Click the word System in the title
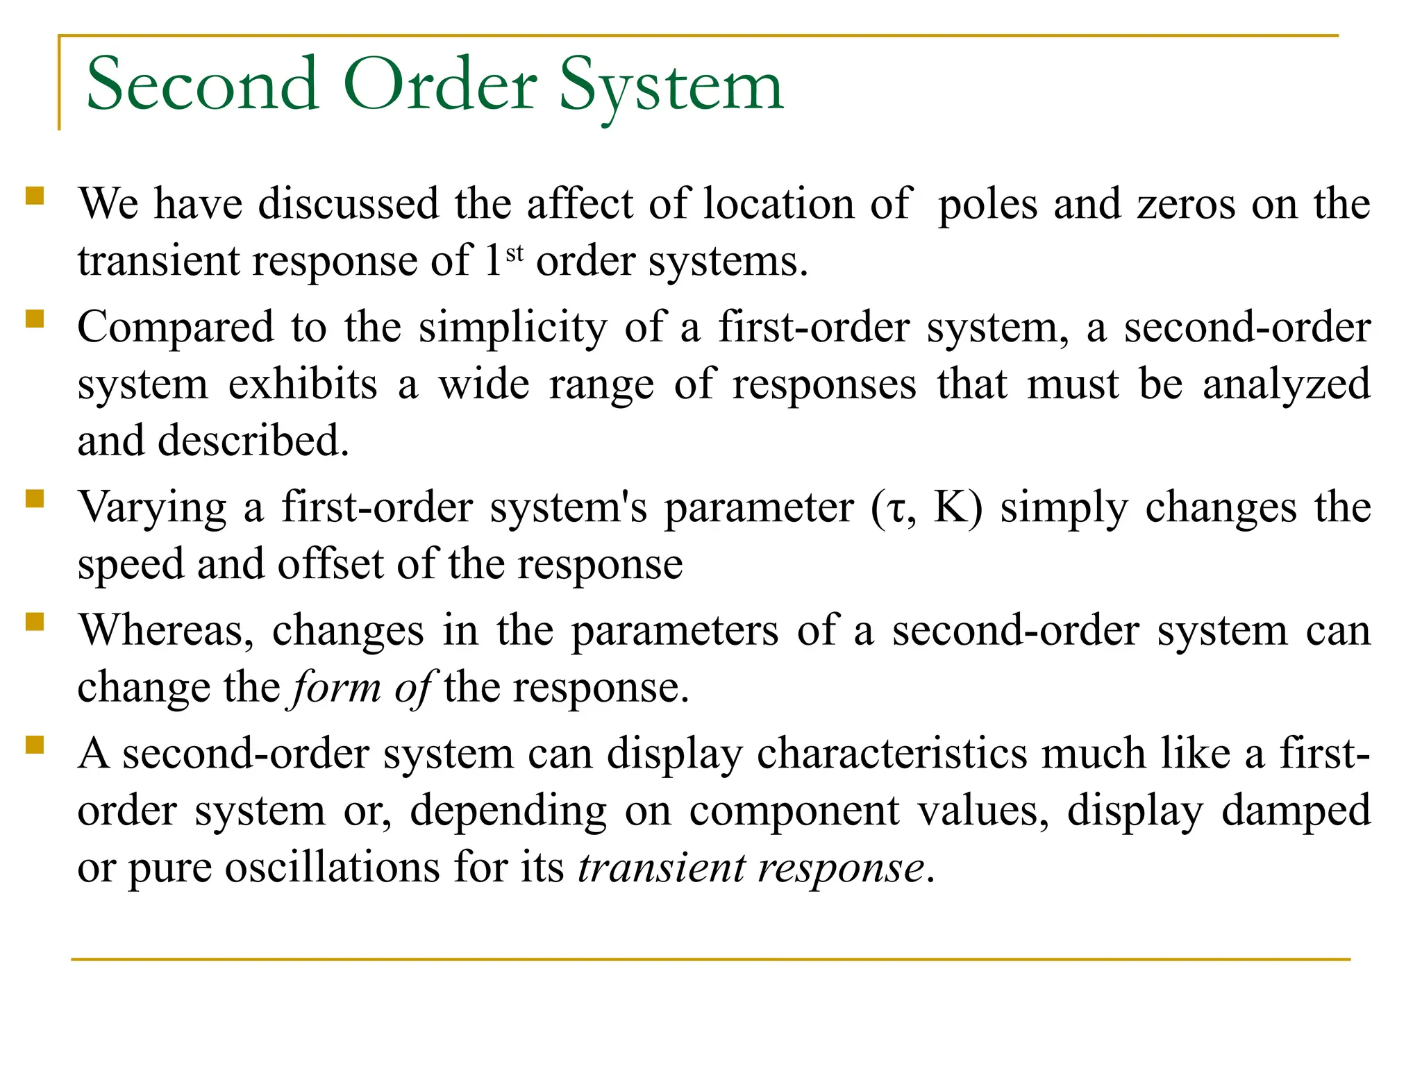[x=671, y=86]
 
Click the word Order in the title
[x=440, y=86]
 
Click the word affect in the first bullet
[x=580, y=205]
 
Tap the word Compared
[x=176, y=328]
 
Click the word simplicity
[x=512, y=328]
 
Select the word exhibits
[x=303, y=384]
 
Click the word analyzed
[x=1286, y=384]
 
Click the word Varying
[x=152, y=509]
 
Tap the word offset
[x=330, y=564]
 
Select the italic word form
[x=336, y=688]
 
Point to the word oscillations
[x=332, y=868]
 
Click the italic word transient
[x=660, y=868]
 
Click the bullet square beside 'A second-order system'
[x=35, y=745]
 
